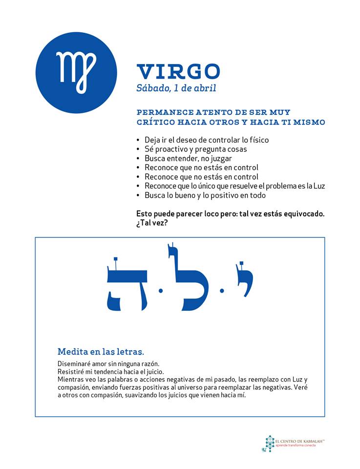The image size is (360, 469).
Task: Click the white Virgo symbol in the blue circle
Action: click(x=77, y=72)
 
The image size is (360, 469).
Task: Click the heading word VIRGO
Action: click(x=178, y=71)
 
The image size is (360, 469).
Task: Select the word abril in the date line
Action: click(x=205, y=88)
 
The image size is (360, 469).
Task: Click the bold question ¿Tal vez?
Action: click(x=152, y=223)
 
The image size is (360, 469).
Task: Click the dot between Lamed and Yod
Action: click(x=222, y=291)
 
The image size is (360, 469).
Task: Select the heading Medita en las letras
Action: click(x=101, y=351)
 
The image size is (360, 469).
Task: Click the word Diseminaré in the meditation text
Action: click(x=74, y=364)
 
